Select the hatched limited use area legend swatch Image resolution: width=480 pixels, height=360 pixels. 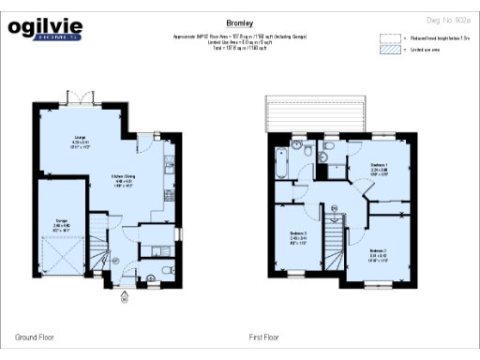click(x=388, y=52)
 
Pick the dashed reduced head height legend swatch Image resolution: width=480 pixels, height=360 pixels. click(x=388, y=39)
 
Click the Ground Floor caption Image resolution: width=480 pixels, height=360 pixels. click(x=34, y=336)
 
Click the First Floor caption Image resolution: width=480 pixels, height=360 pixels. click(x=266, y=336)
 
